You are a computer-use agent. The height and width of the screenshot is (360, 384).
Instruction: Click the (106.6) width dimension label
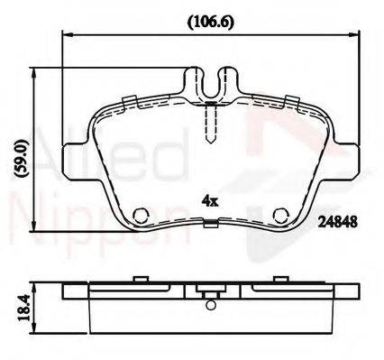[x=210, y=22]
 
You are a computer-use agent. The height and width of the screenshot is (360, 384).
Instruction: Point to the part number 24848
[x=338, y=222]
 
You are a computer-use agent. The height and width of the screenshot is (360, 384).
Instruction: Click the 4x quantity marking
[x=210, y=200]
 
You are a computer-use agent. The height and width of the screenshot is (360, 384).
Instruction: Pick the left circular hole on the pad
[x=141, y=216]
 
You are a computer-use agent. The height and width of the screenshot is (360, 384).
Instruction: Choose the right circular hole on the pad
[x=281, y=216]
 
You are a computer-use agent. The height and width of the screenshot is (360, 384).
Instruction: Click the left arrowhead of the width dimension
[x=68, y=35]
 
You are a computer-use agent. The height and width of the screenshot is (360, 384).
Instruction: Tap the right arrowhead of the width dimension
[x=353, y=35]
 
